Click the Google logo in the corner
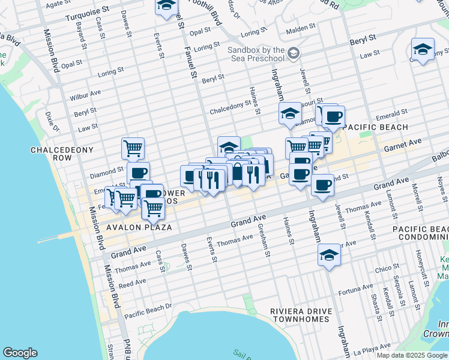click(20, 353)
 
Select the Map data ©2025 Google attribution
click(412, 355)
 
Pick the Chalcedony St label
click(231, 107)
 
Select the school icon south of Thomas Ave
click(329, 254)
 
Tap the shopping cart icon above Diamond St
click(133, 147)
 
